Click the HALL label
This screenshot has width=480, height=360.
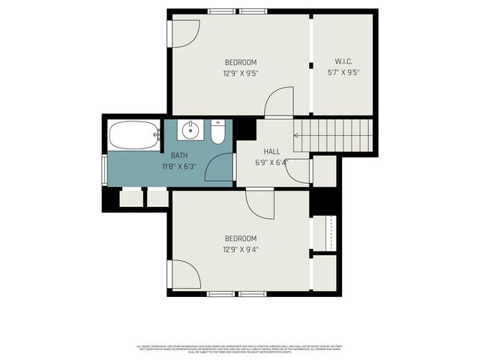pos(271,151)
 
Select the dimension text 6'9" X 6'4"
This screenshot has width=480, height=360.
pos(271,161)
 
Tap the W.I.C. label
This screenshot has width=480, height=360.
pos(344,62)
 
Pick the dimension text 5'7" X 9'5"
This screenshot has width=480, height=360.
pos(344,73)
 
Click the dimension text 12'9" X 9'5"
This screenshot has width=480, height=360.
pos(241,73)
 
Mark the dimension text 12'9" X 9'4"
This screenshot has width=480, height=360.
pos(241,249)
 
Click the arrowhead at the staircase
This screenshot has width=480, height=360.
pos(296,136)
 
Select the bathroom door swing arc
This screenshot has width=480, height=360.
pos(220,166)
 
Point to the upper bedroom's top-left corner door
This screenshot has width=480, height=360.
pos(185,32)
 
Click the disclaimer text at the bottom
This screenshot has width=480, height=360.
pos(240,349)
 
